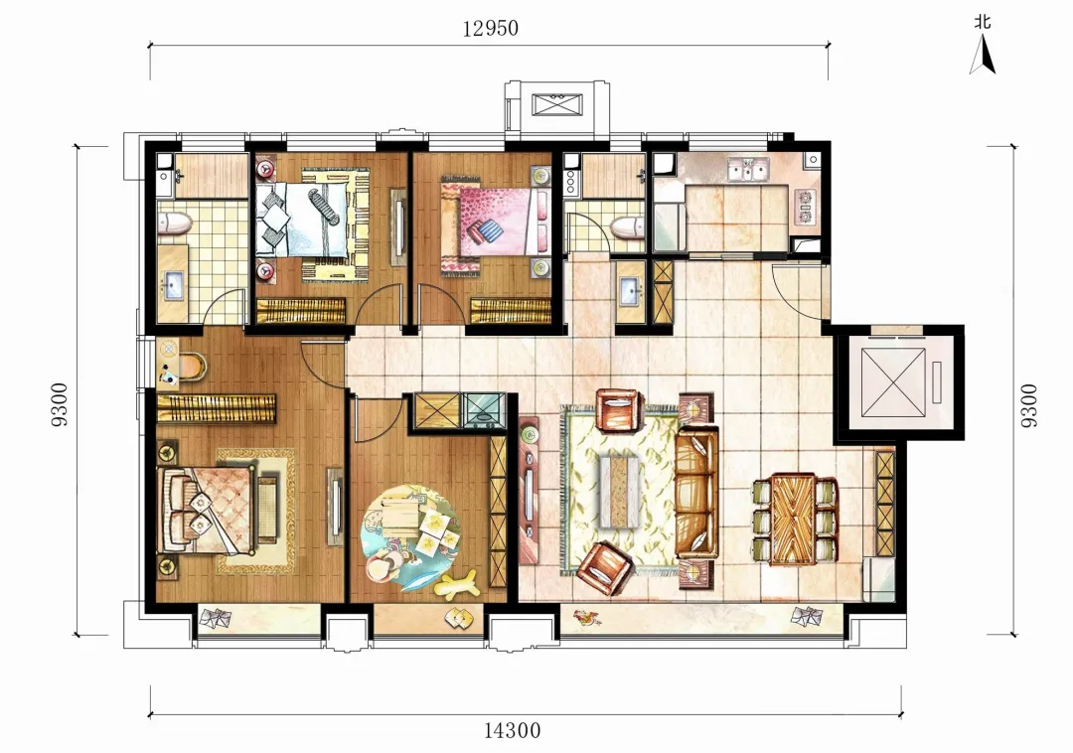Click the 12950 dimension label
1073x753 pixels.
[490, 28]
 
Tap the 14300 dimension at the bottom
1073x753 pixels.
[512, 730]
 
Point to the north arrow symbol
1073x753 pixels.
[983, 54]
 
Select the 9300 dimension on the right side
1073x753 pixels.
[1028, 405]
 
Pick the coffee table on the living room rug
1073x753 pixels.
[620, 492]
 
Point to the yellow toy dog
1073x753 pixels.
[456, 585]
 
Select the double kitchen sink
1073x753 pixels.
[748, 169]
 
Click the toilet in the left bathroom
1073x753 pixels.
[175, 224]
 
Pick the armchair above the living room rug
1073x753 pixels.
[618, 409]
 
